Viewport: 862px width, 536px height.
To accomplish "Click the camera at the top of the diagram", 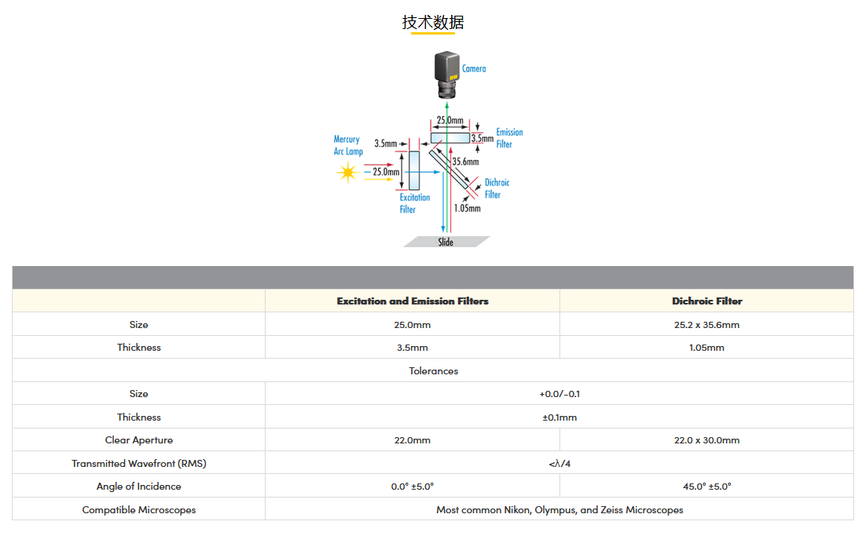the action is pos(447,75).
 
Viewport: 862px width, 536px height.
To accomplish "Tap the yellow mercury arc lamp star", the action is pos(347,173).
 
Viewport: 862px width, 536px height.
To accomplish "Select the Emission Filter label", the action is pos(509,138).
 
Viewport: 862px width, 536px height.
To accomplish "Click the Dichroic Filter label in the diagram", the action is pos(497,188).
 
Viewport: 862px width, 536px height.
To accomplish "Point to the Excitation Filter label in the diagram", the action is pos(415,203).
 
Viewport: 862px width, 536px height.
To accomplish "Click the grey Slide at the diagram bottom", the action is pos(446,242).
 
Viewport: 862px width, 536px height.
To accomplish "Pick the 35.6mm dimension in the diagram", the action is pos(466,162).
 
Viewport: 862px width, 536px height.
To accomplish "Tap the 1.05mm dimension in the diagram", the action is pos(468,208).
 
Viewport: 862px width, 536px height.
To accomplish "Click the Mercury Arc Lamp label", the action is pos(348,145).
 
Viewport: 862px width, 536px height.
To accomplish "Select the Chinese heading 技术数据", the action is pos(433,23).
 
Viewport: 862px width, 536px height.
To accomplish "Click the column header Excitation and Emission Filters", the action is pos(413,301).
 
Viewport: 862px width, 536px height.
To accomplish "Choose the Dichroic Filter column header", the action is pos(707,301).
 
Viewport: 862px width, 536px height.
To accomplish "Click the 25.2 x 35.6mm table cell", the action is pos(707,325).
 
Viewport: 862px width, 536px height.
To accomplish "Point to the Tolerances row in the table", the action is pos(433,370).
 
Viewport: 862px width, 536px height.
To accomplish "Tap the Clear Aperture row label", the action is pos(138,440).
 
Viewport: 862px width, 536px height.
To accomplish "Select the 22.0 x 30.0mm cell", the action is pos(707,440).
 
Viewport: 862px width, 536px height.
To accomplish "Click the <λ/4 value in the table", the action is pos(559,464).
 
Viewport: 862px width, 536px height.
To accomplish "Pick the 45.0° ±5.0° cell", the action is pos(707,486).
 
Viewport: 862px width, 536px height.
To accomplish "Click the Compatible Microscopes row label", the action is pos(138,509).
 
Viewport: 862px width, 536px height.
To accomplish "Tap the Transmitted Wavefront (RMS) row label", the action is pos(138,464).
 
